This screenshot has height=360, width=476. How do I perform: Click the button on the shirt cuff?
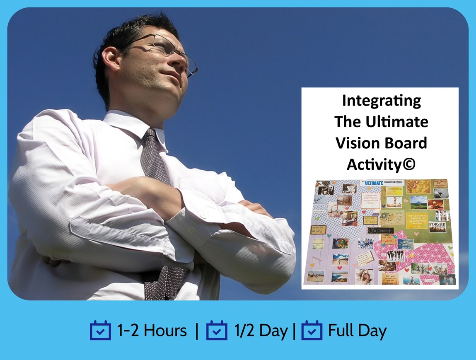pyautogui.click(x=203, y=216)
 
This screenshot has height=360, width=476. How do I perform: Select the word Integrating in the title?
pyautogui.click(x=381, y=101)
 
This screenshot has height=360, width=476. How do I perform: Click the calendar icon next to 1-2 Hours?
pyautogui.click(x=100, y=331)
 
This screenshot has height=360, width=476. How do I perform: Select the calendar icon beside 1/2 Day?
pyautogui.click(x=217, y=331)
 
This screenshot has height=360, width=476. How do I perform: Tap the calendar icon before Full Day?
pyautogui.click(x=312, y=331)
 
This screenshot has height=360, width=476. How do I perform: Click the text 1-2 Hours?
pyautogui.click(x=152, y=331)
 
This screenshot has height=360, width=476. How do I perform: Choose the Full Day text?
pyautogui.click(x=357, y=331)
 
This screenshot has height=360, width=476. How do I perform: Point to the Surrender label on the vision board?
pyautogui.click(x=381, y=230)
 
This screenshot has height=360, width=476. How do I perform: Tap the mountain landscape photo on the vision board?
pyautogui.click(x=418, y=202)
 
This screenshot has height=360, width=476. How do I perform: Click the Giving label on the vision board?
pyautogui.click(x=430, y=280)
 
